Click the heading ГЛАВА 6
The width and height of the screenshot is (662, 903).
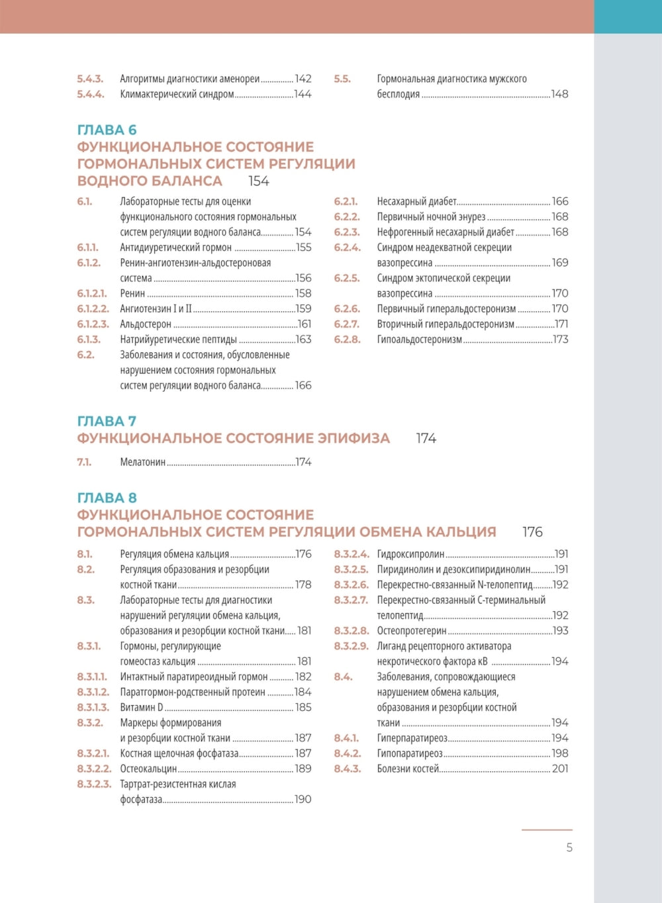click(x=107, y=130)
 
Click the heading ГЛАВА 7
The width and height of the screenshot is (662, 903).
click(x=107, y=421)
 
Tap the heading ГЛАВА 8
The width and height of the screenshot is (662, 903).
click(x=107, y=498)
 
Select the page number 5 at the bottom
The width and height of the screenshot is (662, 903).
click(x=569, y=847)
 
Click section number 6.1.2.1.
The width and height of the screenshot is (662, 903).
click(x=92, y=293)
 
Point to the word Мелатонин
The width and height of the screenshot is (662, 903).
click(x=142, y=462)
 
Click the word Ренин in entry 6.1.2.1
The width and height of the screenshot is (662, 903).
click(x=132, y=293)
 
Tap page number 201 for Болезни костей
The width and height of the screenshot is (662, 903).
click(x=560, y=769)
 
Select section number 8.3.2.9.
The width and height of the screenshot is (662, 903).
click(x=352, y=646)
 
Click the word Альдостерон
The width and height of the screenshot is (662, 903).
click(x=146, y=324)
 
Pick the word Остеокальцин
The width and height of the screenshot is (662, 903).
click(x=148, y=769)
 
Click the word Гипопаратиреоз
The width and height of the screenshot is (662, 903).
click(x=410, y=753)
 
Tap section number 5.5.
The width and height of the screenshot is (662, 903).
click(x=342, y=79)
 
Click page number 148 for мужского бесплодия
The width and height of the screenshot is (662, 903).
click(x=559, y=94)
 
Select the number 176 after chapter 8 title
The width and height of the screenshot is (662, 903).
click(x=532, y=532)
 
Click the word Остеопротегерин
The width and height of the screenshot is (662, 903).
click(x=412, y=631)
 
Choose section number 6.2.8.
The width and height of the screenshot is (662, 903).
click(x=348, y=340)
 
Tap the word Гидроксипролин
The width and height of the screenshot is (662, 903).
click(x=410, y=554)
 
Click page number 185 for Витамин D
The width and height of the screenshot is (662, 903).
click(x=303, y=708)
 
